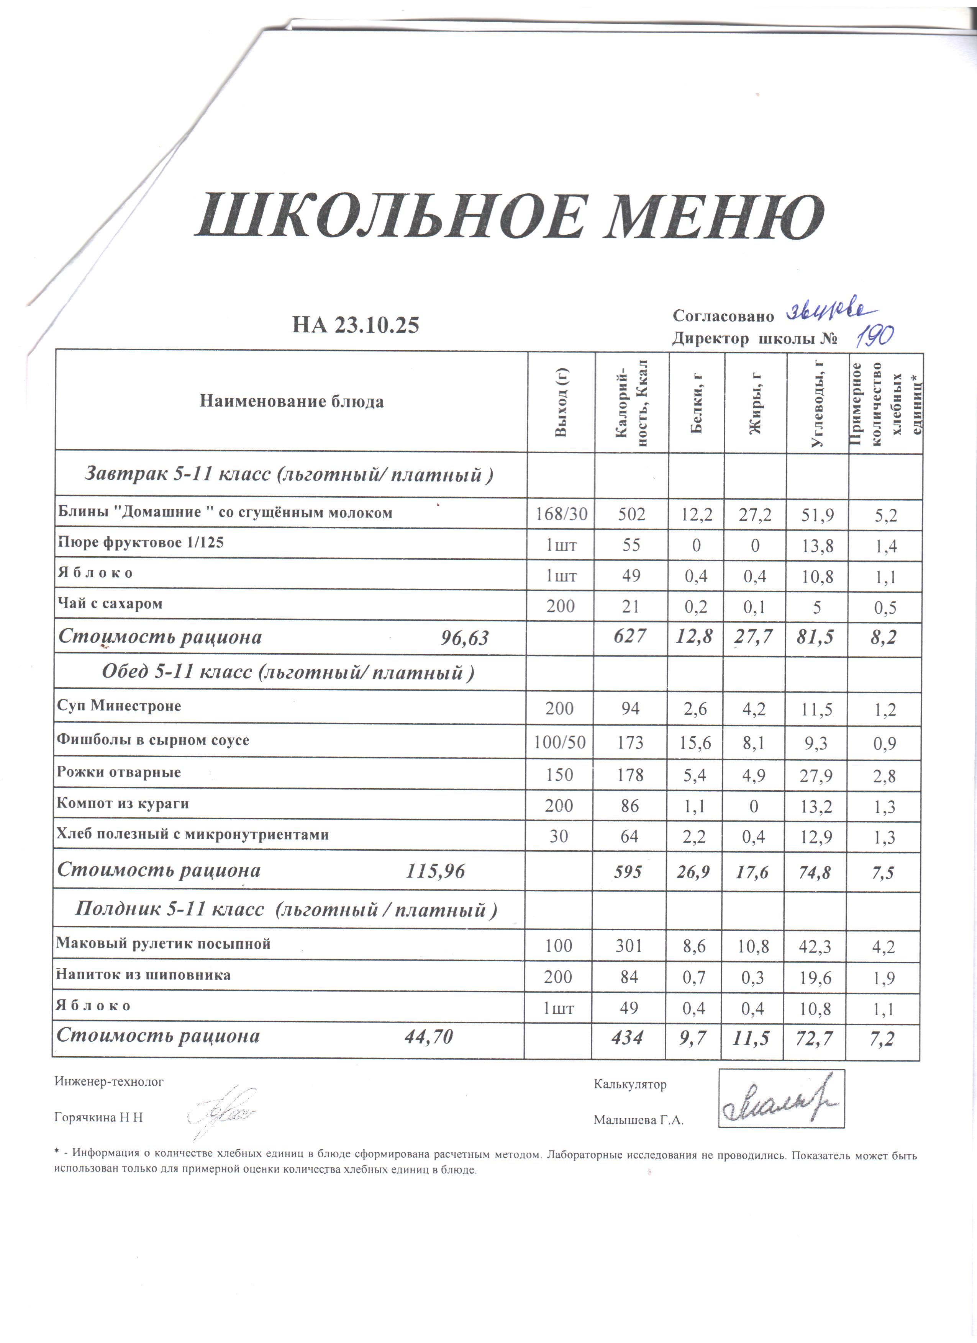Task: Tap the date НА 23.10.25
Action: coord(356,325)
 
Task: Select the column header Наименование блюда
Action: coord(292,402)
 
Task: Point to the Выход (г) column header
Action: coord(561,402)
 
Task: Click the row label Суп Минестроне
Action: coord(118,706)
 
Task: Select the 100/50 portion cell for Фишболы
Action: coord(559,742)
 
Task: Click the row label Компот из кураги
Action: coord(123,804)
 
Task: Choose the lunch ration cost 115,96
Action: coord(436,871)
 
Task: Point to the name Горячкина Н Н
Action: coord(98,1118)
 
